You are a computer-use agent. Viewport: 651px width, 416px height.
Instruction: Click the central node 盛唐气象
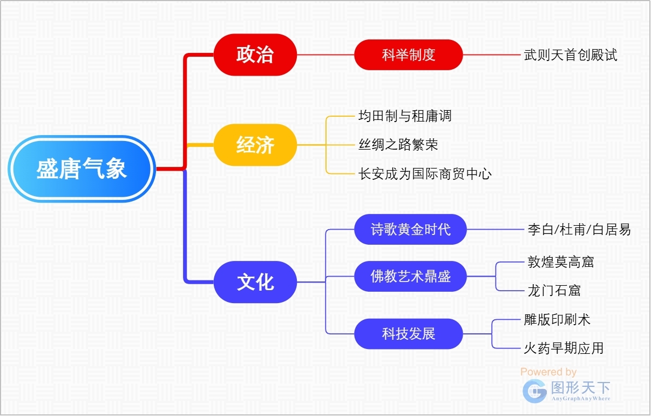coord(82,169)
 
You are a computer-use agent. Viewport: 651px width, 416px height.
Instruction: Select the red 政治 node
coord(255,55)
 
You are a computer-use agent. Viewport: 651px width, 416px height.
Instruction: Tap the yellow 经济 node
coord(255,145)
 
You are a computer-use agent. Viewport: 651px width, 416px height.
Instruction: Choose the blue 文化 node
coord(255,282)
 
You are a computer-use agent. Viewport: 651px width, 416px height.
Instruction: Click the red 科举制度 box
coord(409,55)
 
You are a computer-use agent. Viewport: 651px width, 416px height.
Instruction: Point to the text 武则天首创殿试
coord(570,55)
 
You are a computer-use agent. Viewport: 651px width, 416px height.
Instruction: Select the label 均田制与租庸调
coord(405,116)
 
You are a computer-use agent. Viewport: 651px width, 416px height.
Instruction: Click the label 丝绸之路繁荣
coord(398,145)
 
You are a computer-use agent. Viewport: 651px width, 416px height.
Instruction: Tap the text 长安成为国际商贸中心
coord(425,174)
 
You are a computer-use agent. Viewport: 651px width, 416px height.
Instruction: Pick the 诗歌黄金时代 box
coord(410,229)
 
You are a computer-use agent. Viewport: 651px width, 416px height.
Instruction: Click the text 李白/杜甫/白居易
coord(579,229)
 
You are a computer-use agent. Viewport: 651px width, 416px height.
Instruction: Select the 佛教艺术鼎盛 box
coord(410,277)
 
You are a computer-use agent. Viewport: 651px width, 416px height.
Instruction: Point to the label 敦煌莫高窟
coord(560,262)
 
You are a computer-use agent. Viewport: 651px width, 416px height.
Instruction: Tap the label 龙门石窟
coord(554,291)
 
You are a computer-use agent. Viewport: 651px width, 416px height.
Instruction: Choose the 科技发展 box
coord(409,334)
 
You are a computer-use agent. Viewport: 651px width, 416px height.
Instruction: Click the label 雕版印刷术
coord(557,319)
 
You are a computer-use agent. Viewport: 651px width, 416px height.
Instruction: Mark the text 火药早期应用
coord(564,348)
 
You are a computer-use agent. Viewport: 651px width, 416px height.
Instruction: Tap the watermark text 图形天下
coord(580,387)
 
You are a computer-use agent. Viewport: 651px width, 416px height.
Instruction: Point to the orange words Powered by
coord(548,372)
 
